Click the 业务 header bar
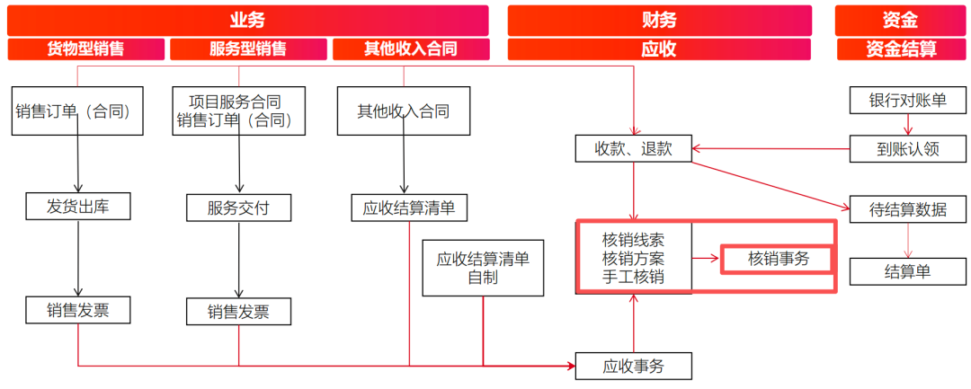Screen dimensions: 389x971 pos(247,20)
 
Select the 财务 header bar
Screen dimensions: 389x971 pos(659,20)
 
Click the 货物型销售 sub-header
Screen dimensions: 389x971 pos(86,49)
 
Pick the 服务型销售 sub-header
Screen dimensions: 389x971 pos(248,49)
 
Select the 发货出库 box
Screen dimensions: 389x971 pos(77,208)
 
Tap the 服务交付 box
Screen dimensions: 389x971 pos(238,208)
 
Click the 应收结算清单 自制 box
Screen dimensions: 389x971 pos(483,269)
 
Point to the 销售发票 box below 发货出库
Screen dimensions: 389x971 pos(77,310)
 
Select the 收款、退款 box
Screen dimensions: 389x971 pos(634,148)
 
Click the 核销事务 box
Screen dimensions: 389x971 pos(779,259)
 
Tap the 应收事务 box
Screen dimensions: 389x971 pos(634,366)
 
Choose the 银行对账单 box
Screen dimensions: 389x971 pos(907,101)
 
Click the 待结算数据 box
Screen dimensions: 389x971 pos(907,209)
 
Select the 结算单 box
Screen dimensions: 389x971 pos(907,271)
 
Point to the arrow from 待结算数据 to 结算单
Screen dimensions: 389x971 pos(907,241)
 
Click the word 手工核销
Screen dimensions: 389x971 pos(634,278)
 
